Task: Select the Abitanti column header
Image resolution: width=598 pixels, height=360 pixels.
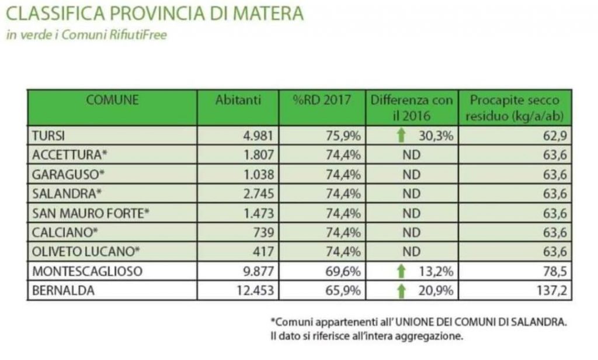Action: tap(238, 100)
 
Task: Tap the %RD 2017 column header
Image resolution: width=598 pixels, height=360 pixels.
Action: tap(322, 100)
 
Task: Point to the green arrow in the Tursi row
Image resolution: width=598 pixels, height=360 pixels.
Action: tap(400, 136)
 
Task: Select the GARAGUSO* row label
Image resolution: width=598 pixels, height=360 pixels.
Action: tap(64, 175)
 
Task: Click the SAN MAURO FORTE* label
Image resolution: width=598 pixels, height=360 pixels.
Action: tap(91, 213)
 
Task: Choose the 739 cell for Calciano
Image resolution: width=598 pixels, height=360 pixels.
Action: tap(264, 233)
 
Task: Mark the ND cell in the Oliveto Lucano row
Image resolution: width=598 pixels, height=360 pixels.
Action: tap(412, 252)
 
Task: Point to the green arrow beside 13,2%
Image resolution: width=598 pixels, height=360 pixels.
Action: tap(400, 271)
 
